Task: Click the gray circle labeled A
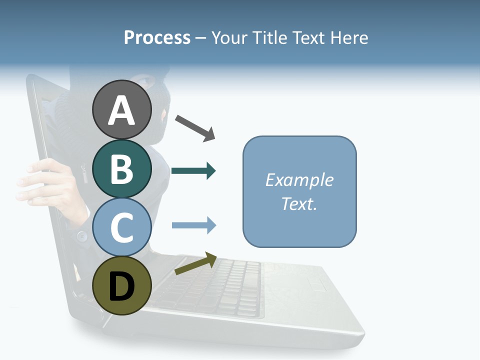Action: pyautogui.click(x=122, y=109)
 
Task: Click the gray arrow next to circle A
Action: pyautogui.click(x=195, y=128)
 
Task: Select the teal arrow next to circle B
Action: pyautogui.click(x=193, y=171)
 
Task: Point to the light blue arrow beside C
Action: pyautogui.click(x=194, y=225)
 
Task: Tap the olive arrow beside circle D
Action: pyautogui.click(x=195, y=263)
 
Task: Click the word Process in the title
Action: pyautogui.click(x=157, y=37)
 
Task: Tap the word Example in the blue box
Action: pyautogui.click(x=299, y=180)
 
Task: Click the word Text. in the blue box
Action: pyautogui.click(x=299, y=203)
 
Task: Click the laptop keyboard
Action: pyautogui.click(x=215, y=285)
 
